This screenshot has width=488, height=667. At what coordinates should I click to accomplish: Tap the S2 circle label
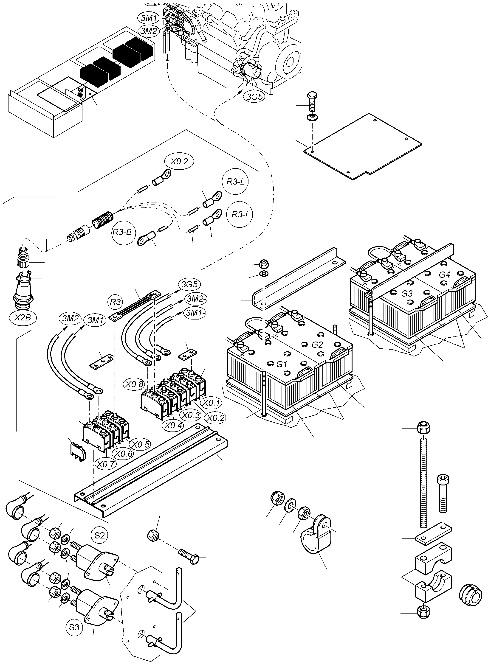coord(99,535)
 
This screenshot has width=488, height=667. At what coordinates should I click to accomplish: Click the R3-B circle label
coord(122,232)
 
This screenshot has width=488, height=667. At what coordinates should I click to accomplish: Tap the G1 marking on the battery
coord(282,364)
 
